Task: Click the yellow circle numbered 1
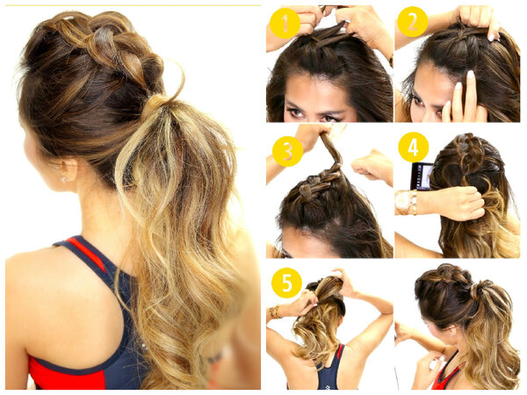pyautogui.click(x=285, y=24)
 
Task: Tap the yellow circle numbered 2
pyautogui.click(x=413, y=21)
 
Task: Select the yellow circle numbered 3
pyautogui.click(x=288, y=151)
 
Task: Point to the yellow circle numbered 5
pyautogui.click(x=286, y=283)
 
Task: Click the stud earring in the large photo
pyautogui.click(x=63, y=180)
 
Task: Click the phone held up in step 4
pyautogui.click(x=421, y=176)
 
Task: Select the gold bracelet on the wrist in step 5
pyautogui.click(x=275, y=312)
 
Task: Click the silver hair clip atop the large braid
pyautogui.click(x=69, y=18)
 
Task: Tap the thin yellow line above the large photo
pyautogui.click(x=134, y=5)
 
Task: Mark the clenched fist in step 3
pyautogui.click(x=371, y=166)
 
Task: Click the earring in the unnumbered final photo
pyautogui.click(x=451, y=334)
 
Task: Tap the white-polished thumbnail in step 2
pyautogui.click(x=470, y=75)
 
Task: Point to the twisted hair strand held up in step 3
pyautogui.click(x=331, y=146)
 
